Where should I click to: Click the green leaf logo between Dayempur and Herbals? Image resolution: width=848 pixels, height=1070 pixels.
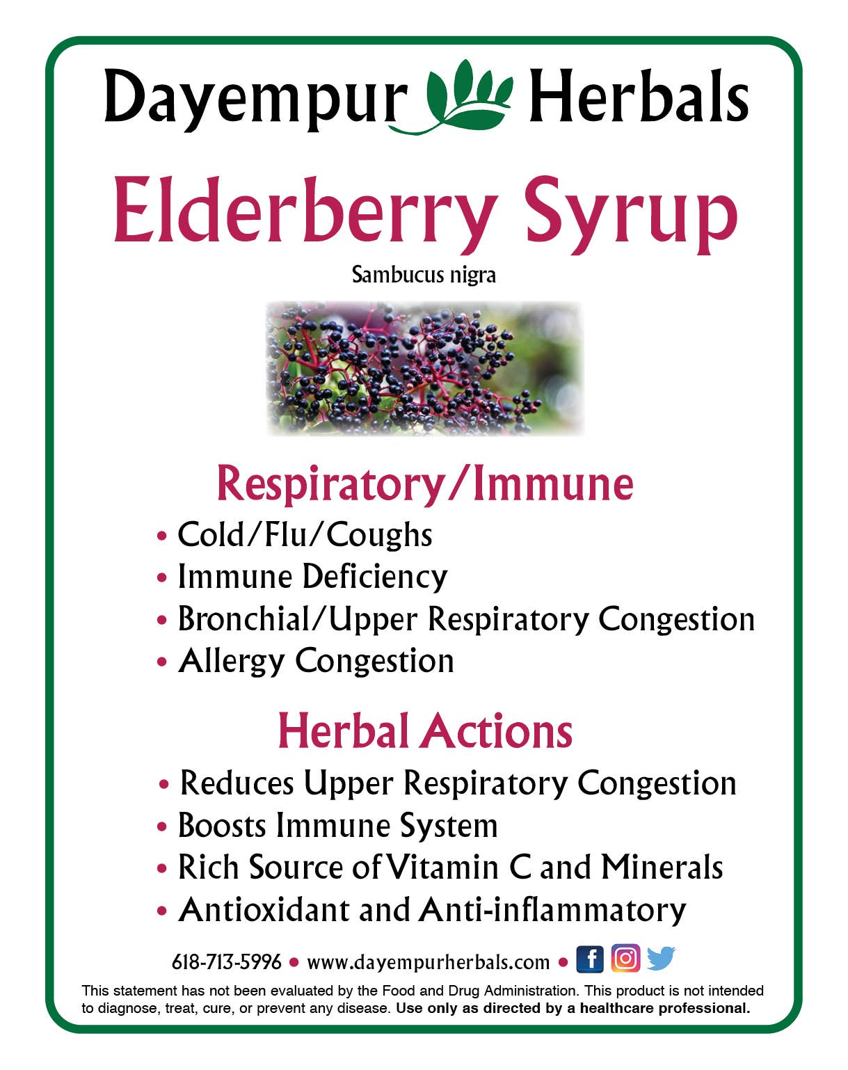(467, 97)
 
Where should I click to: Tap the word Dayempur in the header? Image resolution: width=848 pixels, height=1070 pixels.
(255, 99)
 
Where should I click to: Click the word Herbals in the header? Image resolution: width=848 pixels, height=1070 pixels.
(639, 97)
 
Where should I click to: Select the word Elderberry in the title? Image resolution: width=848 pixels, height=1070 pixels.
(305, 211)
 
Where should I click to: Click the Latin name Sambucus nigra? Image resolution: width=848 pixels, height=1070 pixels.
(424, 275)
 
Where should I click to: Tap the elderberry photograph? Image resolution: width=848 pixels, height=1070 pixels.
(424, 368)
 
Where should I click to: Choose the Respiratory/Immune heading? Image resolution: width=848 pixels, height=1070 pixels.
(425, 483)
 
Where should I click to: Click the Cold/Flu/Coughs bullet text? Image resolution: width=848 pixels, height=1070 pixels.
(305, 535)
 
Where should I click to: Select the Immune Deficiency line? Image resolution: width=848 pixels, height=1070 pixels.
(312, 577)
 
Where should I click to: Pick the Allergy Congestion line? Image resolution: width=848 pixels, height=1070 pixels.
(316, 661)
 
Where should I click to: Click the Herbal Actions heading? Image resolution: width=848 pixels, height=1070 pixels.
(425, 731)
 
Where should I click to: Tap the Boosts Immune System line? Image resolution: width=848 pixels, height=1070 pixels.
(338, 826)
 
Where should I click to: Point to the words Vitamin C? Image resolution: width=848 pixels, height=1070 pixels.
(458, 868)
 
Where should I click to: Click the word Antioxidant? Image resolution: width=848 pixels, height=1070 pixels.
(264, 910)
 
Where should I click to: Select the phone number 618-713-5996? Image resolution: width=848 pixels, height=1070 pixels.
(227, 962)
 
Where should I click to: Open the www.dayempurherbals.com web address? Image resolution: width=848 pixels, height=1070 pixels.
(428, 962)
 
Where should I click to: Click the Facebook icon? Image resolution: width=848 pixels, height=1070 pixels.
(590, 959)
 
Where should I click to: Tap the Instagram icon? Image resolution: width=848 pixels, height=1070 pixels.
(625, 959)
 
